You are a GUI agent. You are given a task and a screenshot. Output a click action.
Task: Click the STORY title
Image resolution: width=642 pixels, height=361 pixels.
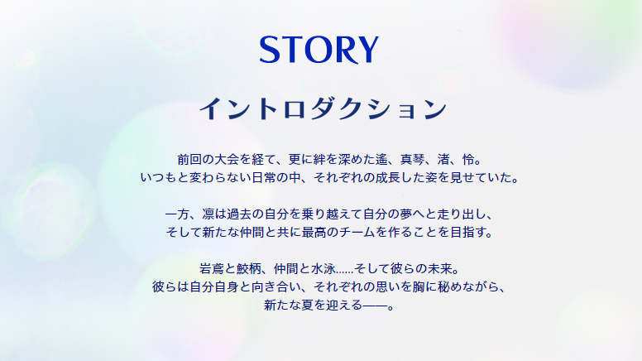[319, 51]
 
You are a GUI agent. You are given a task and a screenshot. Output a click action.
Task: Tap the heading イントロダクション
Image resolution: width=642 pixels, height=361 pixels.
[323, 109]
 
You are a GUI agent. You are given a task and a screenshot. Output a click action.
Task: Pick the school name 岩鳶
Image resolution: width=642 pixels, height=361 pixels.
[212, 270]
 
